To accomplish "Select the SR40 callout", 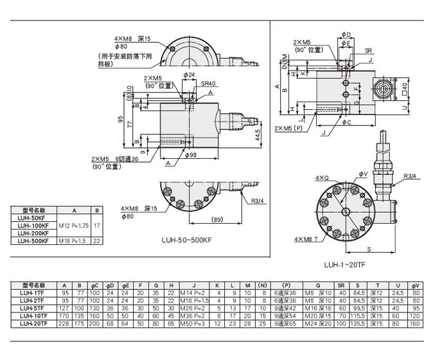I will point(208,83).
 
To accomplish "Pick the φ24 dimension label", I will point(188,75).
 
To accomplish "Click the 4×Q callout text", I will point(321,177).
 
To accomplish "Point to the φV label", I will point(362,174).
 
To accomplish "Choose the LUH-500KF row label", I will point(33,241).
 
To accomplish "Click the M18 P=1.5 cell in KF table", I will point(73,241).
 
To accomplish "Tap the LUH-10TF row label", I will point(33,316).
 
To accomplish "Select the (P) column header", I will point(286,285).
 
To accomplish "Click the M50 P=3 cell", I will point(192,323).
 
